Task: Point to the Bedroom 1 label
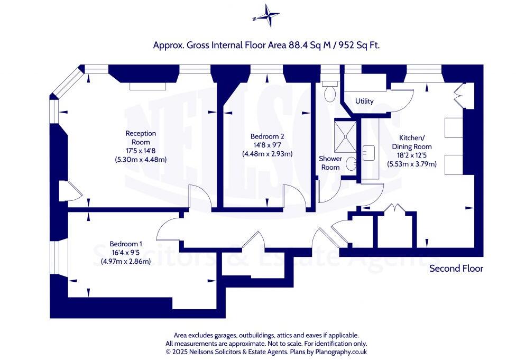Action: click(x=126, y=244)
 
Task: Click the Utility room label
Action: click(x=364, y=101)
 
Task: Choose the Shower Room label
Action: click(x=330, y=163)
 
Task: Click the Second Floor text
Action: click(x=456, y=269)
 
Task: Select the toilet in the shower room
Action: click(x=330, y=92)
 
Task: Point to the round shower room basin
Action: click(x=351, y=165)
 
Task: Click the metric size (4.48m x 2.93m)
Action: click(x=267, y=154)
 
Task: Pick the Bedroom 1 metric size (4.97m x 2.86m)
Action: click(x=126, y=261)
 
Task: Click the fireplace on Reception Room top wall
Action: click(x=148, y=85)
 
